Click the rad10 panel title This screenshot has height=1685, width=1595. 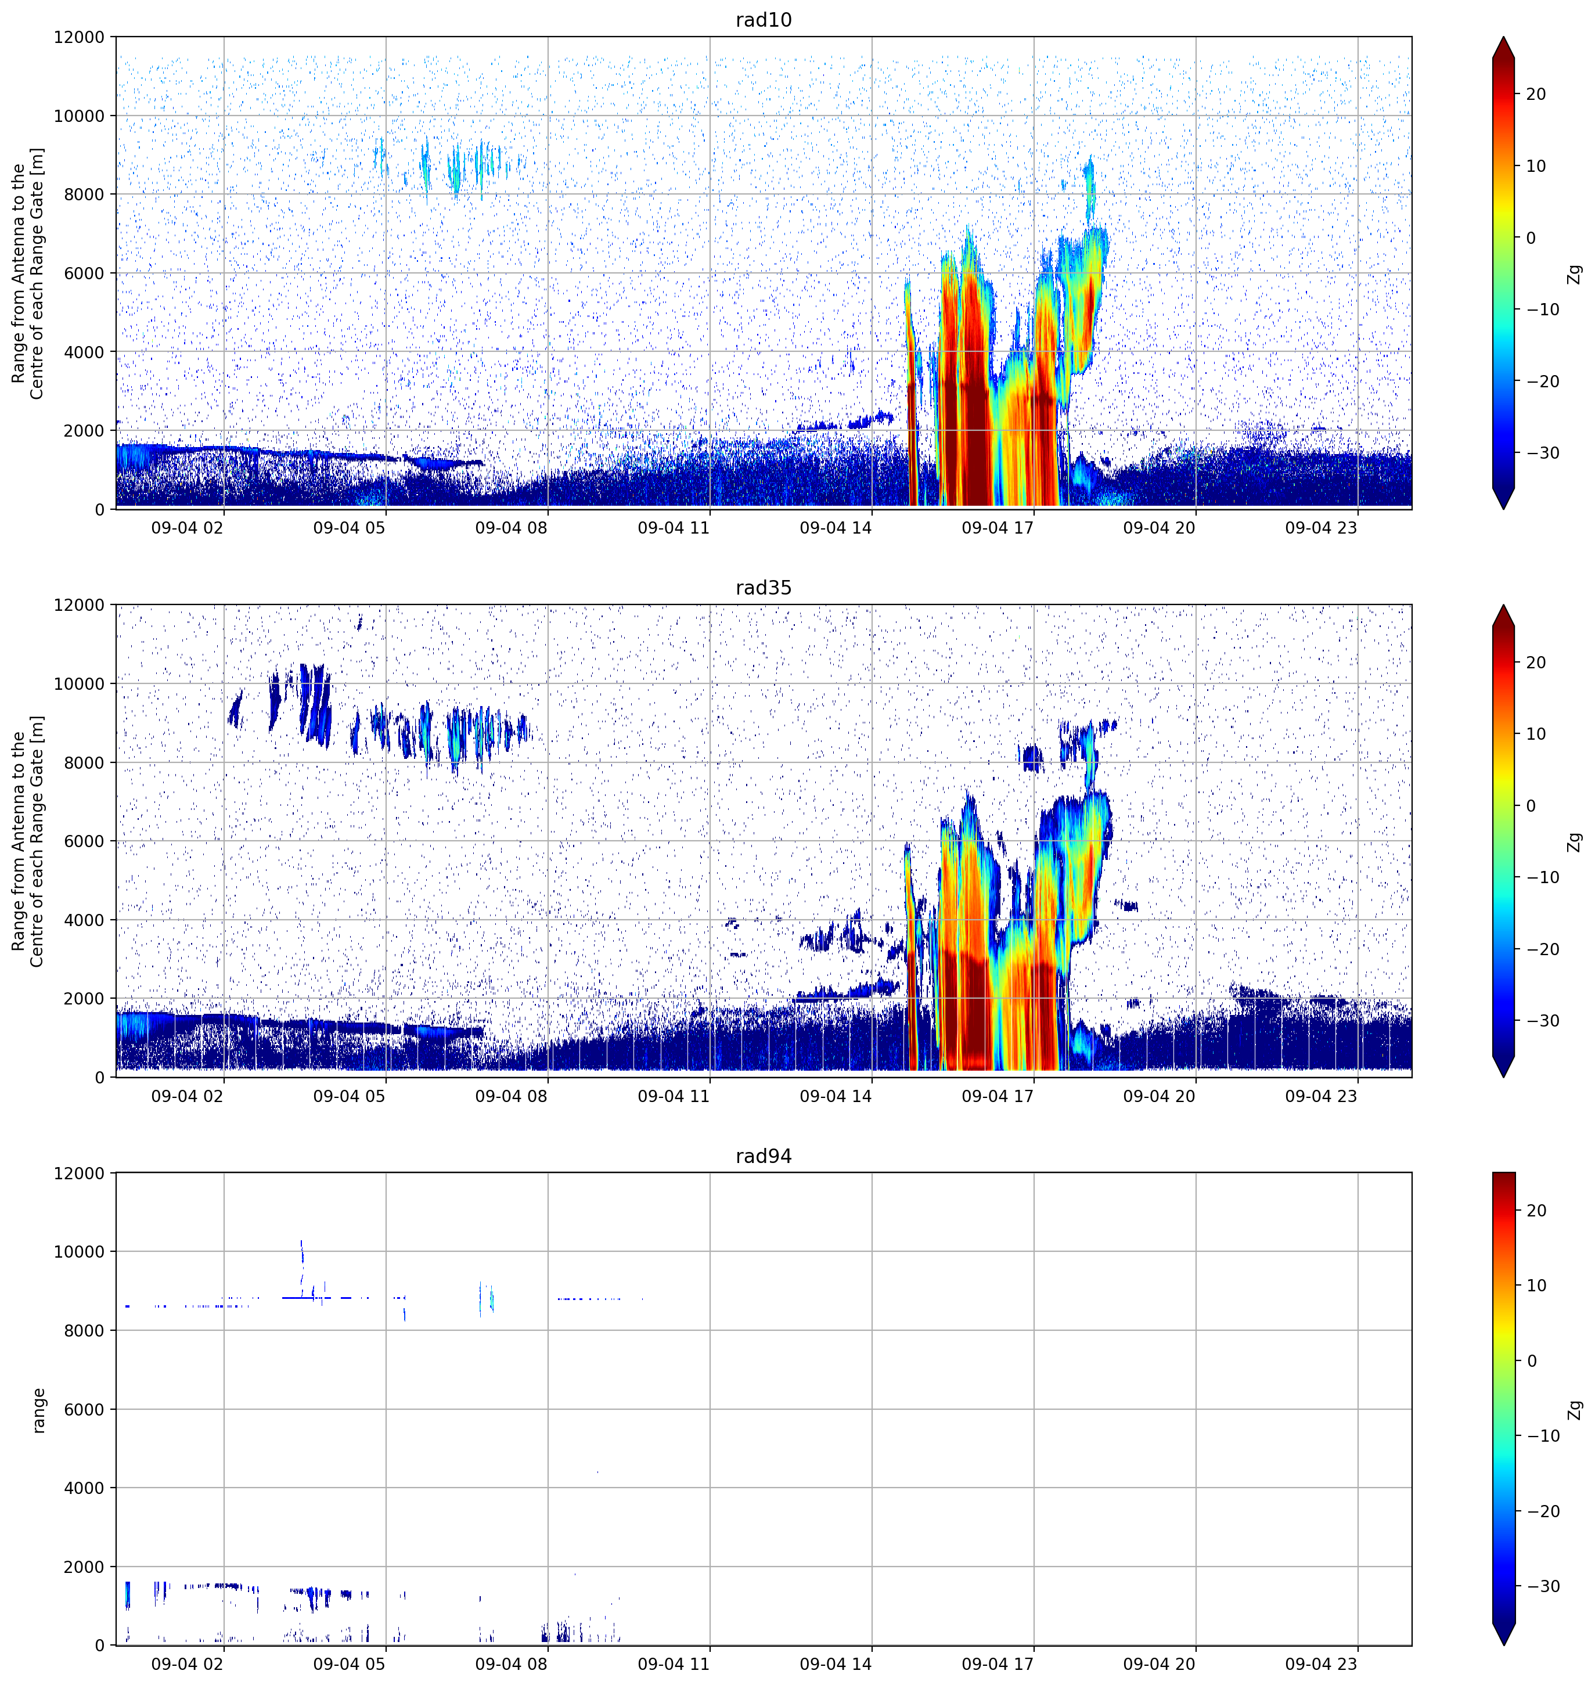[x=764, y=20]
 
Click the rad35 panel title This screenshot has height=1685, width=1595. [x=764, y=588]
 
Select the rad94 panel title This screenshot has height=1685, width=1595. [x=764, y=1156]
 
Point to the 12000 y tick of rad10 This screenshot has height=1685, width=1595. [x=79, y=37]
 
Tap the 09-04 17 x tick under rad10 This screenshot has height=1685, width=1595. [x=998, y=528]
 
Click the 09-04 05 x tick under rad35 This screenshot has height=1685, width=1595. [x=350, y=1096]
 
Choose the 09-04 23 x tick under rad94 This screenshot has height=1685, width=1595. [x=1322, y=1664]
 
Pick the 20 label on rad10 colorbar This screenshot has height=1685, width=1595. [x=1535, y=95]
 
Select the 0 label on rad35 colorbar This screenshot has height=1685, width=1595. [x=1531, y=806]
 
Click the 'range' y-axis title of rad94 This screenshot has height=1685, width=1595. [x=38, y=1410]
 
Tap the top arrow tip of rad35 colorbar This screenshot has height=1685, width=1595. [x=1503, y=605]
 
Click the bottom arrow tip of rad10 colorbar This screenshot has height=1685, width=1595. [x=1503, y=509]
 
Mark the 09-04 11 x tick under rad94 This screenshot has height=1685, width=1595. [x=674, y=1664]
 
